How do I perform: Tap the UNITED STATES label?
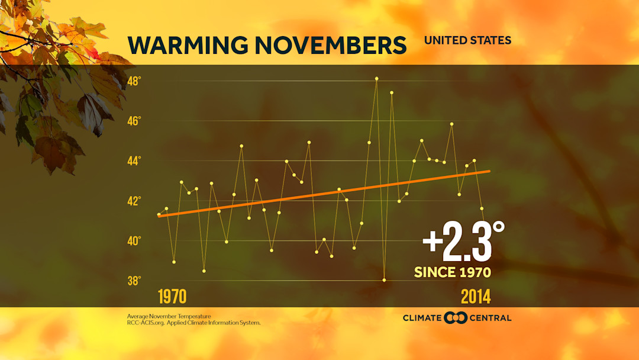(467, 40)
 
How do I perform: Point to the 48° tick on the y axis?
(134, 81)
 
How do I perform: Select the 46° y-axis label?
(134, 121)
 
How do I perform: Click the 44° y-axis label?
(134, 160)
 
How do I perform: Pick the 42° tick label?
(134, 201)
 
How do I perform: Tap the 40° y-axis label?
(134, 240)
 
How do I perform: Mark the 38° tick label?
(134, 280)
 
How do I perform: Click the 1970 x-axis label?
(172, 296)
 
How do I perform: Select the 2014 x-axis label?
(476, 296)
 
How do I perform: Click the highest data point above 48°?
(376, 78)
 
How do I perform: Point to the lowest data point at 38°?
(384, 280)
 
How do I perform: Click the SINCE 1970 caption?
(453, 272)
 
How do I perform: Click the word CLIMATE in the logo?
(422, 318)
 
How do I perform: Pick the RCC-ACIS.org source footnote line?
(193, 323)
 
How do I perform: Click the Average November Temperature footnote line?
(169, 316)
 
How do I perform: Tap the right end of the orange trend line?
(489, 171)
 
